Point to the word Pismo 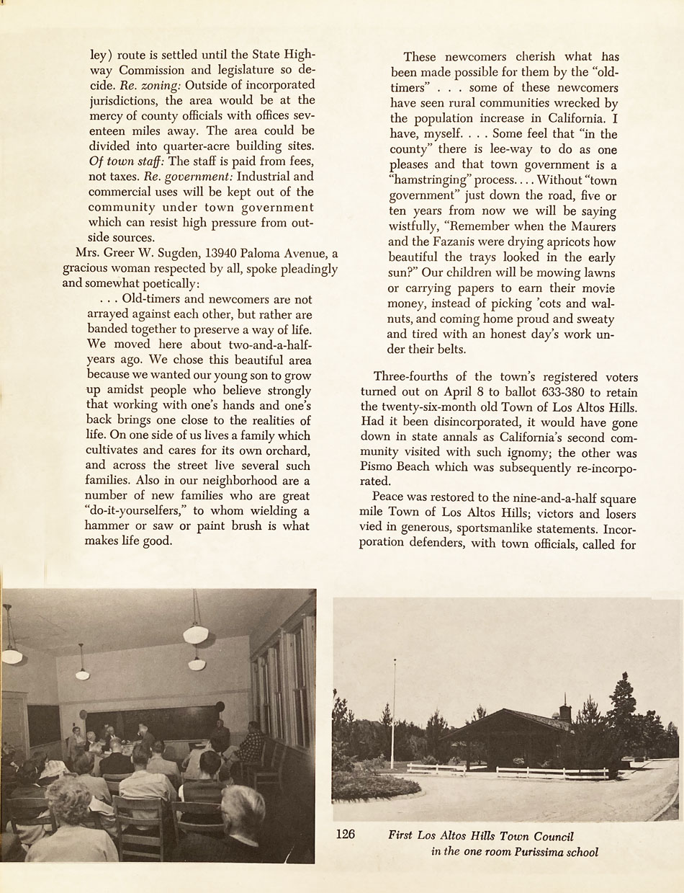pos(390,467)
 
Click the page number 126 pos(346,835)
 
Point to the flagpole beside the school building pos(393,714)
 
